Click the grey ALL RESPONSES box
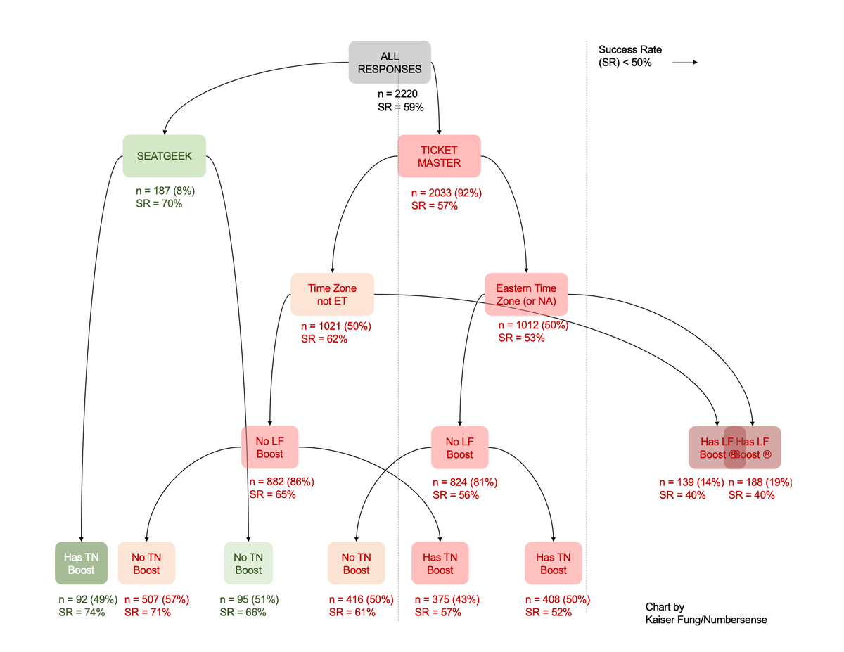coord(390,63)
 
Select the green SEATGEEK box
coord(164,155)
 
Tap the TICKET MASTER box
coord(439,156)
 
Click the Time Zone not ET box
coord(332,294)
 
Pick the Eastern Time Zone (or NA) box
coord(525,294)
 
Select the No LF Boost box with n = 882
coord(269,447)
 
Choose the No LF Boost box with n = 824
coord(459,447)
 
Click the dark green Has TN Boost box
coord(81,563)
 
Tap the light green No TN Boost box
coord(248,563)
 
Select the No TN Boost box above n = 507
coord(146,563)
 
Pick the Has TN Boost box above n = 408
coord(553,563)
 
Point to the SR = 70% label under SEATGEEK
coord(158,203)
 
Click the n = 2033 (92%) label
coord(446,193)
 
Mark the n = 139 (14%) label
coord(690,482)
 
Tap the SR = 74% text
coord(82,612)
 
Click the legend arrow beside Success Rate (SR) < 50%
coord(684,63)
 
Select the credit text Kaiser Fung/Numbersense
coord(705,620)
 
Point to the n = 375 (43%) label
coord(447,600)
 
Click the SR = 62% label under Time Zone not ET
coord(324,338)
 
